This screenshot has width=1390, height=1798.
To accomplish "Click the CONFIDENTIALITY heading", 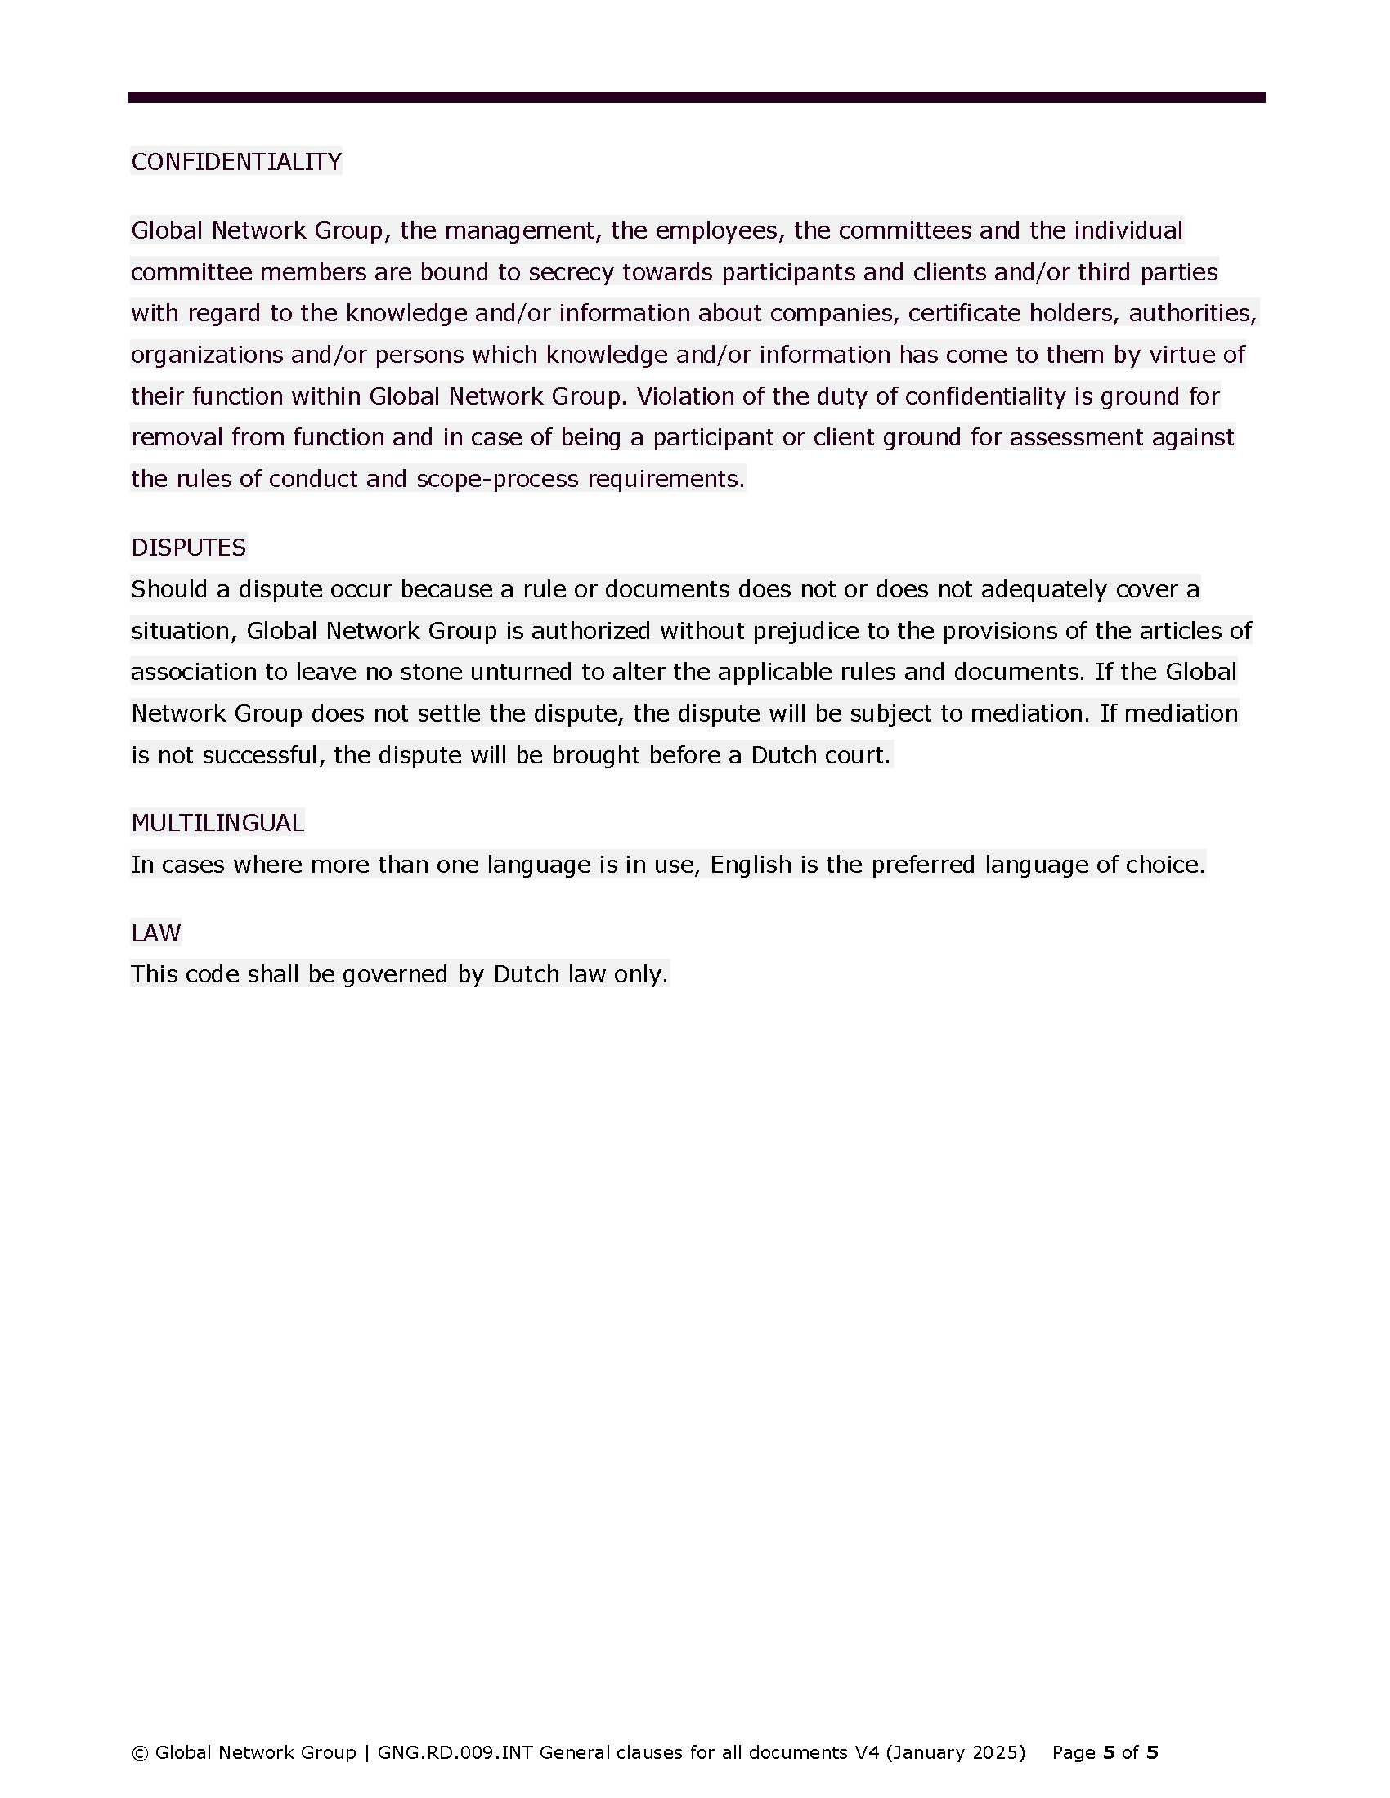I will [235, 161].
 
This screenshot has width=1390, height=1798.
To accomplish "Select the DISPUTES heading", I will [189, 548].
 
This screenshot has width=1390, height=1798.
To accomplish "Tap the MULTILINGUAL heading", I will [217, 822].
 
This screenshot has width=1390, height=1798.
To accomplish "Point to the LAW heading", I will [155, 933].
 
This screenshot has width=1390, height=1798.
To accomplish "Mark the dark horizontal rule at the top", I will [696, 97].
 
